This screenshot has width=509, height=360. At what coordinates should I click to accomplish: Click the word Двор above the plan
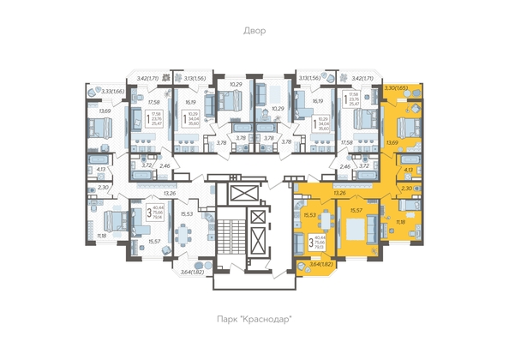pyautogui.click(x=254, y=31)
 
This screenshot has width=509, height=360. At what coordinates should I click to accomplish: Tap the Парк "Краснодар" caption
pyautogui.click(x=254, y=319)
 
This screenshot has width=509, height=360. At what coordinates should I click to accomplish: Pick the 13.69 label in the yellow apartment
pyautogui.click(x=393, y=143)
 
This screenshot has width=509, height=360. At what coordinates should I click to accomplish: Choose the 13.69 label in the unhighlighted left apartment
pyautogui.click(x=105, y=111)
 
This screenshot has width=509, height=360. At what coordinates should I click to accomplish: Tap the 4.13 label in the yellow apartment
pyautogui.click(x=408, y=171)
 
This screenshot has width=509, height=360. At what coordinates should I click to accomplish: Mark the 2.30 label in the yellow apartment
pyautogui.click(x=408, y=188)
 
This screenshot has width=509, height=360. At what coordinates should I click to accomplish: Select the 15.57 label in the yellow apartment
pyautogui.click(x=357, y=210)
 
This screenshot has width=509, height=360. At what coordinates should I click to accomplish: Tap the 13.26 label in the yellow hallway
pyautogui.click(x=340, y=194)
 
